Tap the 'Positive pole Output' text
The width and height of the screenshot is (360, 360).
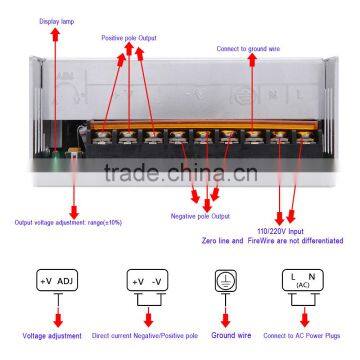click(127, 38)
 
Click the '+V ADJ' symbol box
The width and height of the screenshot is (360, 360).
click(57, 281)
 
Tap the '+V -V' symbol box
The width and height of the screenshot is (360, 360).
click(146, 281)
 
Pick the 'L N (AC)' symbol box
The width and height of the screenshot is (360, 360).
click(303, 281)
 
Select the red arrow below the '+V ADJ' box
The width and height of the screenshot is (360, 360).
click(57, 314)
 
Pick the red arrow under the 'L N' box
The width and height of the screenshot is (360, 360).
click(303, 314)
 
